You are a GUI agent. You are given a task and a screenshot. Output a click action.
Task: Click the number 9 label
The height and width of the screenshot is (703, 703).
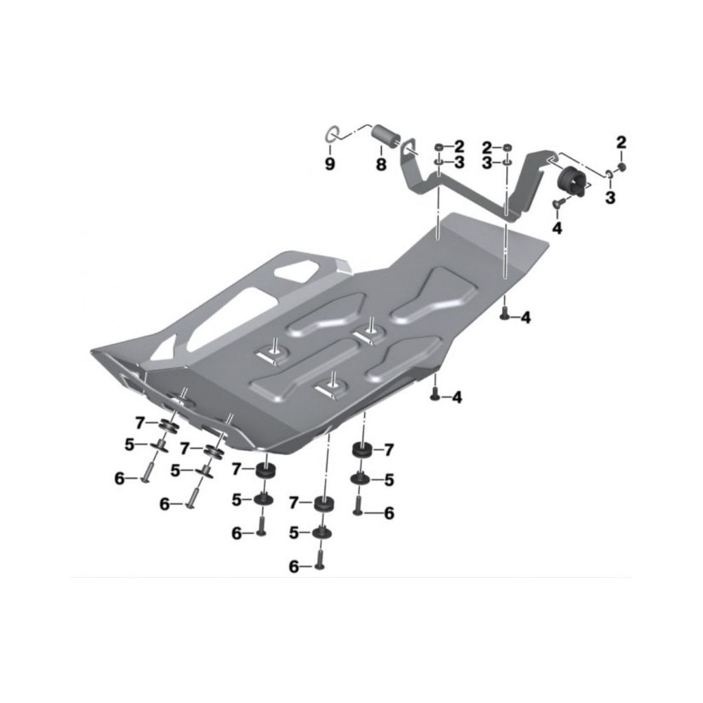(330, 164)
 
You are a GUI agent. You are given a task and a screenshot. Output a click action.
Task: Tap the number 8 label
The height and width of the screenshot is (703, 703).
(380, 165)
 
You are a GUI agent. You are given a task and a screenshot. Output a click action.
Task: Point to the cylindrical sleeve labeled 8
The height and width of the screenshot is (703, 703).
(386, 135)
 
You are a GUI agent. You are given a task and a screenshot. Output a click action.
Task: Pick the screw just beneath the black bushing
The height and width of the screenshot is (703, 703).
(556, 204)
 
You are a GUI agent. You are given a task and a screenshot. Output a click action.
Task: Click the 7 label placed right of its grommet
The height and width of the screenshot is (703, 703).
(388, 449)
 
